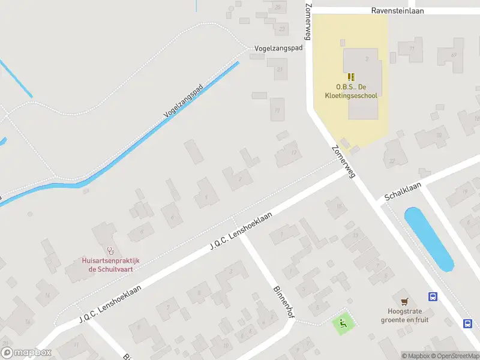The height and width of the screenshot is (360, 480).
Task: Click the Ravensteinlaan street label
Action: click(x=398, y=10)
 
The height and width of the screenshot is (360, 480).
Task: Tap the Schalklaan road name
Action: click(x=403, y=191)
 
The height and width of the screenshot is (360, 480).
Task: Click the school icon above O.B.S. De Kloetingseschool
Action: click(x=351, y=77)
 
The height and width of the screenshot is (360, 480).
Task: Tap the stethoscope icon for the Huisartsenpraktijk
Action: click(x=110, y=251)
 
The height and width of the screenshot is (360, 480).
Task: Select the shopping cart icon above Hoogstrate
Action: click(x=404, y=301)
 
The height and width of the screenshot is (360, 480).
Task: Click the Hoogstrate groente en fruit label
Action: click(x=405, y=316)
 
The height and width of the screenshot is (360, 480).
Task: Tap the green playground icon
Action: click(x=343, y=325)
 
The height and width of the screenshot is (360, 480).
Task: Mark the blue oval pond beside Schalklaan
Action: click(x=429, y=239)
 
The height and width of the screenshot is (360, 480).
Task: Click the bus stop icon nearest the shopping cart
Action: click(x=432, y=296)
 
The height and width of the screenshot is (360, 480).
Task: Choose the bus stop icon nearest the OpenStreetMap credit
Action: click(x=467, y=323)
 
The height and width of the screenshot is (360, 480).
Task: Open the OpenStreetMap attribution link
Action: click(x=454, y=356)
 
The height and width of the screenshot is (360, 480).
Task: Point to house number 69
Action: click(x=454, y=55)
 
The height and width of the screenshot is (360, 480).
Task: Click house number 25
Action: click(x=277, y=7)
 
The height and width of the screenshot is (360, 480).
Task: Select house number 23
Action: click(x=282, y=28)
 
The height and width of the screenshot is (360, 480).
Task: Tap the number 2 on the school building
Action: click(x=366, y=59)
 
